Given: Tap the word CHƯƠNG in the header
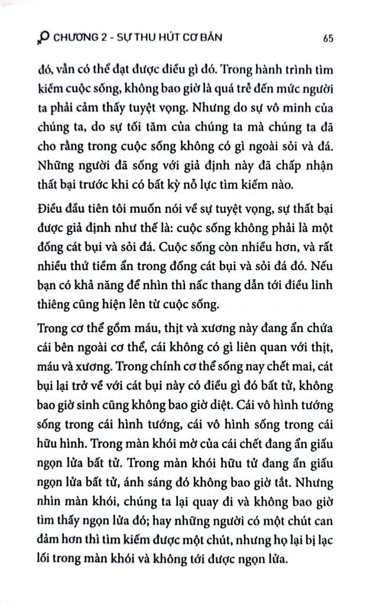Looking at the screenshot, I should coord(76,38).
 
